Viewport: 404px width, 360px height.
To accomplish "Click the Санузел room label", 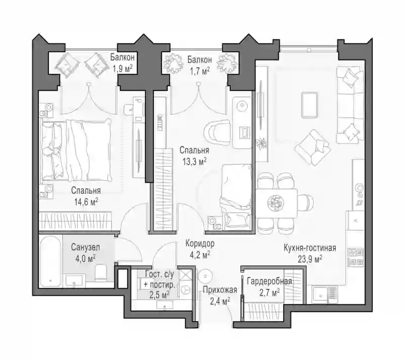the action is click(85, 247).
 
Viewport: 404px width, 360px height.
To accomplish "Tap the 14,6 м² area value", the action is click(86, 202).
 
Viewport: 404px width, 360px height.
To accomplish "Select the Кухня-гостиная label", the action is click(310, 248).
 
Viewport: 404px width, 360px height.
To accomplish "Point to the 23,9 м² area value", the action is click(310, 259).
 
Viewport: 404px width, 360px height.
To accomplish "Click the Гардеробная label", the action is click(269, 281).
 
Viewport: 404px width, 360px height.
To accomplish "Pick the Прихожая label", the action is click(220, 290).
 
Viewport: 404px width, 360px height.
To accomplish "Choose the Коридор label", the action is click(200, 243).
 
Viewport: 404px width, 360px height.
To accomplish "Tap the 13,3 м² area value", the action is click(194, 162).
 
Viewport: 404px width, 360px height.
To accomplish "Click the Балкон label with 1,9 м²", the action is click(122, 57).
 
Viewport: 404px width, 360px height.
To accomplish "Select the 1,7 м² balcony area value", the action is click(199, 71).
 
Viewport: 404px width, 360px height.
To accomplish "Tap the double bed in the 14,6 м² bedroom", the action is click(76, 150).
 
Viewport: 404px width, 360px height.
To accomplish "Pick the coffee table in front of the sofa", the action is click(309, 105).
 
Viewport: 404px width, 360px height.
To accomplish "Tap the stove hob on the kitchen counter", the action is click(356, 256).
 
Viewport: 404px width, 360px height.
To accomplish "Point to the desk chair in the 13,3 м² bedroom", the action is click(217, 131).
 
